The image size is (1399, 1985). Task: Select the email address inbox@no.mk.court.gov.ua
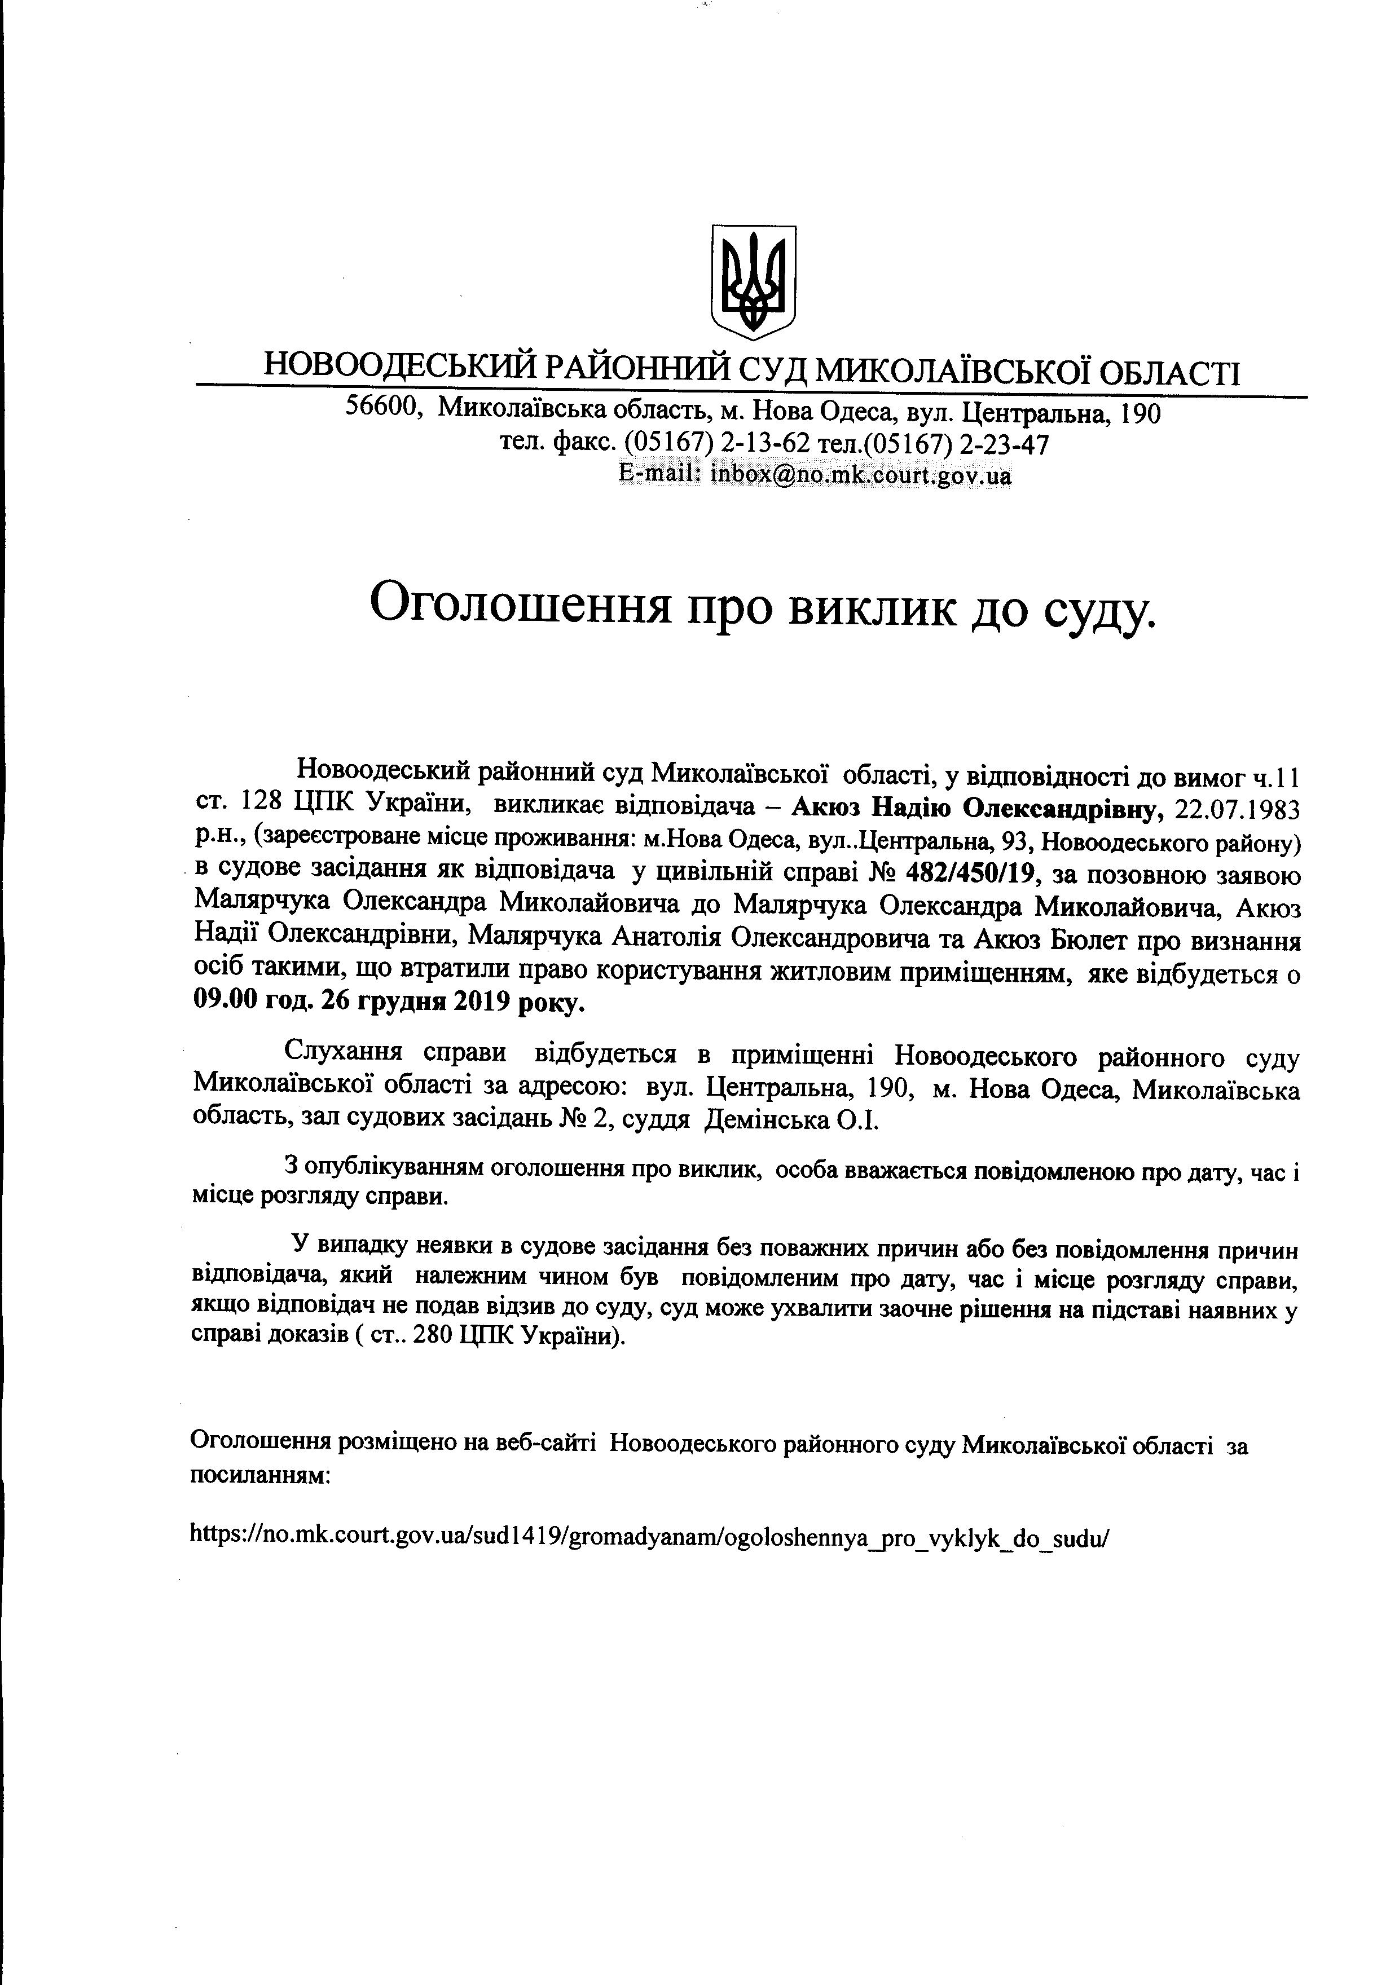[x=860, y=475]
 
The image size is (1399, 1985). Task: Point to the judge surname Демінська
[x=767, y=1121]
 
